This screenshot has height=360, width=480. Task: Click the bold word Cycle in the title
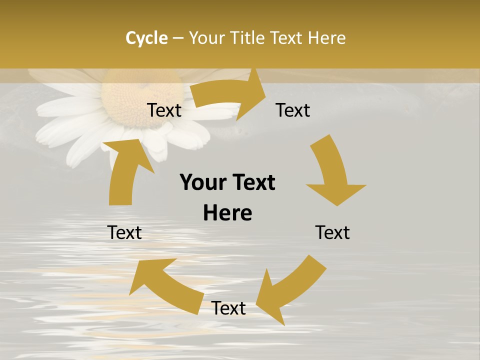pyautogui.click(x=146, y=38)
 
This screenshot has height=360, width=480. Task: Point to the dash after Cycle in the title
pyautogui.click(x=178, y=38)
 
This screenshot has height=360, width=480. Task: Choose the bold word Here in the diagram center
pyautogui.click(x=227, y=213)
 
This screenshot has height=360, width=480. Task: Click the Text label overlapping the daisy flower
pyautogui.click(x=164, y=110)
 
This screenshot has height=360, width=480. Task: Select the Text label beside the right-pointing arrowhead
pyautogui.click(x=293, y=110)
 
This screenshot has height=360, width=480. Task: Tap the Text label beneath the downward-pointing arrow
pyautogui.click(x=332, y=232)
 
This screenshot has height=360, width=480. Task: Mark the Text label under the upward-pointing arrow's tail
pyautogui.click(x=124, y=232)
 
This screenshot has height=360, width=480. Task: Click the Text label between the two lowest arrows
pyautogui.click(x=228, y=308)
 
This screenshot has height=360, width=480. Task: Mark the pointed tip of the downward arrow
pyautogui.click(x=338, y=205)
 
